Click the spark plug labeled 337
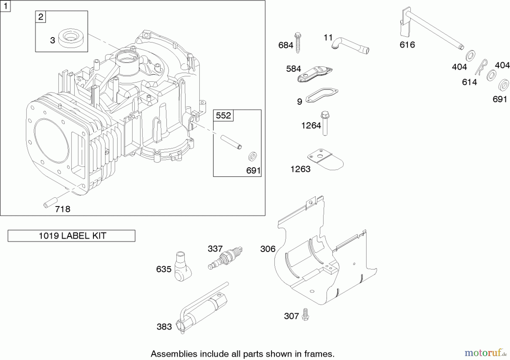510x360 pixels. tap(226, 258)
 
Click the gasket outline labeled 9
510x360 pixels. tap(322, 95)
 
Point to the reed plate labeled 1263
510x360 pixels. tap(326, 160)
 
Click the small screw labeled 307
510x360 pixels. tap(305, 315)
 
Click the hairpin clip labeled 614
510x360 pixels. tap(482, 67)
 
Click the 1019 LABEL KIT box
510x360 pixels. tap(71, 236)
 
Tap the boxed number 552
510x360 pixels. tap(223, 115)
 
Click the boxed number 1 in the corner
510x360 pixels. tap(5, 6)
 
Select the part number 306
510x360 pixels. tap(268, 249)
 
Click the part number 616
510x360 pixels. tap(407, 45)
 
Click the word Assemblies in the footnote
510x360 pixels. tap(174, 354)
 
